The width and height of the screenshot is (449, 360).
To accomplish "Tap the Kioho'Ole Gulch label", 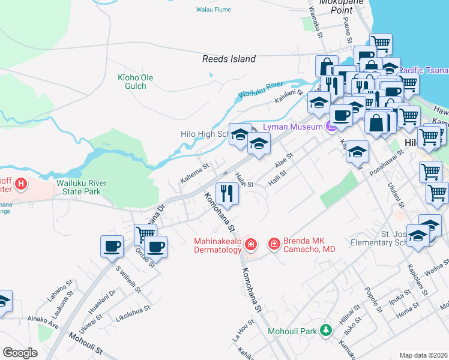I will click(x=132, y=82).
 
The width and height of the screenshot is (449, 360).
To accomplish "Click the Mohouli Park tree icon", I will click(x=326, y=330).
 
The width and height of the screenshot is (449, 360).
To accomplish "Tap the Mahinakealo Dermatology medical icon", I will click(x=251, y=244).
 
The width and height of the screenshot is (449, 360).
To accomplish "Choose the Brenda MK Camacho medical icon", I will click(x=274, y=244).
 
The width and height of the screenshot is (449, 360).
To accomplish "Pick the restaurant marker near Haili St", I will click(x=227, y=193).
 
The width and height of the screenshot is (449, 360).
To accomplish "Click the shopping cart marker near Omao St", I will click(x=145, y=235).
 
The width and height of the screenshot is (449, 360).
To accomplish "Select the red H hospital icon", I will click(x=21, y=183).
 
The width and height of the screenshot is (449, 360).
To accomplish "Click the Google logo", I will click(x=20, y=353).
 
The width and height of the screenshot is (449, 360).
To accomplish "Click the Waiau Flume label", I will click(x=213, y=10).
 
